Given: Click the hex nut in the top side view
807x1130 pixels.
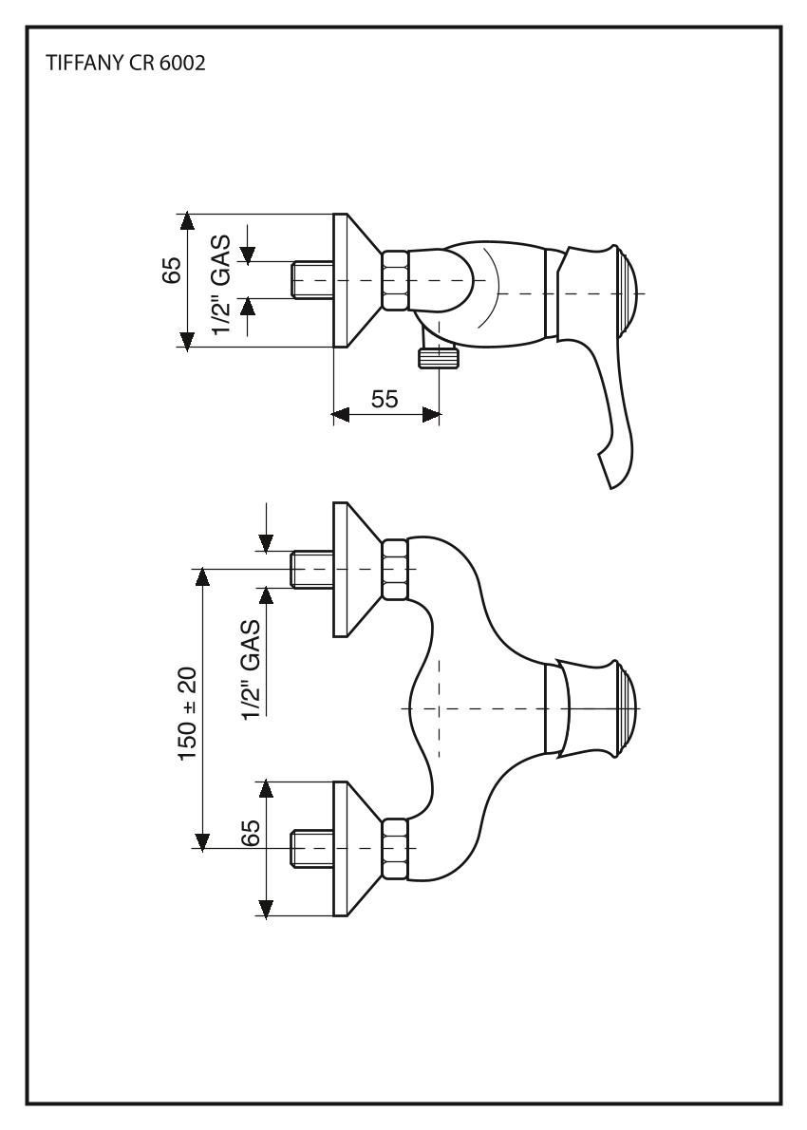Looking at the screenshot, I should click(395, 280).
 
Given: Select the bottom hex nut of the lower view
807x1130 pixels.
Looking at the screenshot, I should click(395, 847).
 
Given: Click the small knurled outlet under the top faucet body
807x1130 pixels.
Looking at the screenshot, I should click(438, 358).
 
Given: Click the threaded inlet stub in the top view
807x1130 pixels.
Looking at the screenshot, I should click(310, 280).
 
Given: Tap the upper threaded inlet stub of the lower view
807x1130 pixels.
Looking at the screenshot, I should click(310, 568).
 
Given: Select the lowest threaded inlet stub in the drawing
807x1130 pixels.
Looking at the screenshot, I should click(310, 847).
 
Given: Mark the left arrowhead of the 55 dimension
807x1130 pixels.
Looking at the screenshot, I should click(340, 415).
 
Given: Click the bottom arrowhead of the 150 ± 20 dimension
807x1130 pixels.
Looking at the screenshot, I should click(201, 840).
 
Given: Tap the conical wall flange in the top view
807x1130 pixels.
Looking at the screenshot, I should click(356, 280).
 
